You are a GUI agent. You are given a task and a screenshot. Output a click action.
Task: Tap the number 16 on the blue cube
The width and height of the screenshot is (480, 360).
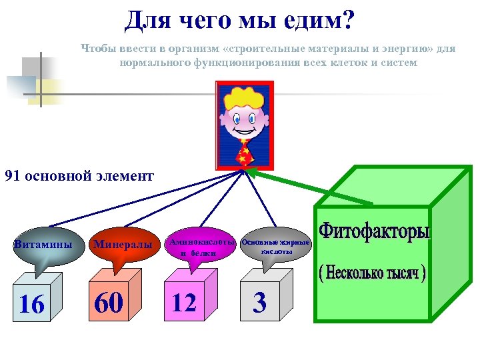tap(31, 304)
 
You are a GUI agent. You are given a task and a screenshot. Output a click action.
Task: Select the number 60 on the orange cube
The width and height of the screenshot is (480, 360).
tap(109, 303)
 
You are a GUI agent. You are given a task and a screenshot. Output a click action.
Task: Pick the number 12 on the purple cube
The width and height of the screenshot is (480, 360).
tap(184, 303)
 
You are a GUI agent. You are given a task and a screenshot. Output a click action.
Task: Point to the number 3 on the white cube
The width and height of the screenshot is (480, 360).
tap(261, 303)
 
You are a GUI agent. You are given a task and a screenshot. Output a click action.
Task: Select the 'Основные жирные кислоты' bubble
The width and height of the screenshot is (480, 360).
tap(275, 246)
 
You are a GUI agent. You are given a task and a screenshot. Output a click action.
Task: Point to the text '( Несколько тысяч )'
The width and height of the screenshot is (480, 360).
tap(372, 273)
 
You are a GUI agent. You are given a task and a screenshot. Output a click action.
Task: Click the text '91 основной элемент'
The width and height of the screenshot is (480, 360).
tap(79, 177)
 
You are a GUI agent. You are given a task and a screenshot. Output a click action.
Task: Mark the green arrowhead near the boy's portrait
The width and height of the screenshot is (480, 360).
tap(251, 173)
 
